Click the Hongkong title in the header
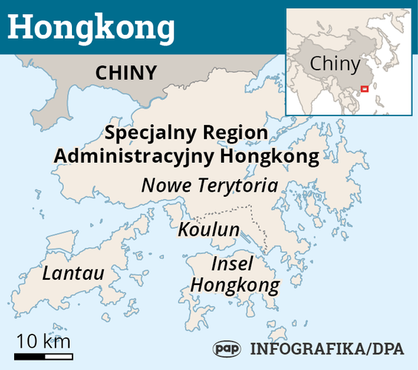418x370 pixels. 93,27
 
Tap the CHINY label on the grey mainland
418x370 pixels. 126,73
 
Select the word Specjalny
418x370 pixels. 145,134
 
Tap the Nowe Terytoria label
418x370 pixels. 209,185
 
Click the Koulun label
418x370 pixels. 208,229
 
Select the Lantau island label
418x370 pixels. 73,273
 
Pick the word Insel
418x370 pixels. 232,264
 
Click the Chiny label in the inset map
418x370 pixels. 334,64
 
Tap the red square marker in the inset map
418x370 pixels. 363,90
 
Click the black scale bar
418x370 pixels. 43,357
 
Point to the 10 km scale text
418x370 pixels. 43,341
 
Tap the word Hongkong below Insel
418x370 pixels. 235,285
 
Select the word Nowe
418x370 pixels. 161,185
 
